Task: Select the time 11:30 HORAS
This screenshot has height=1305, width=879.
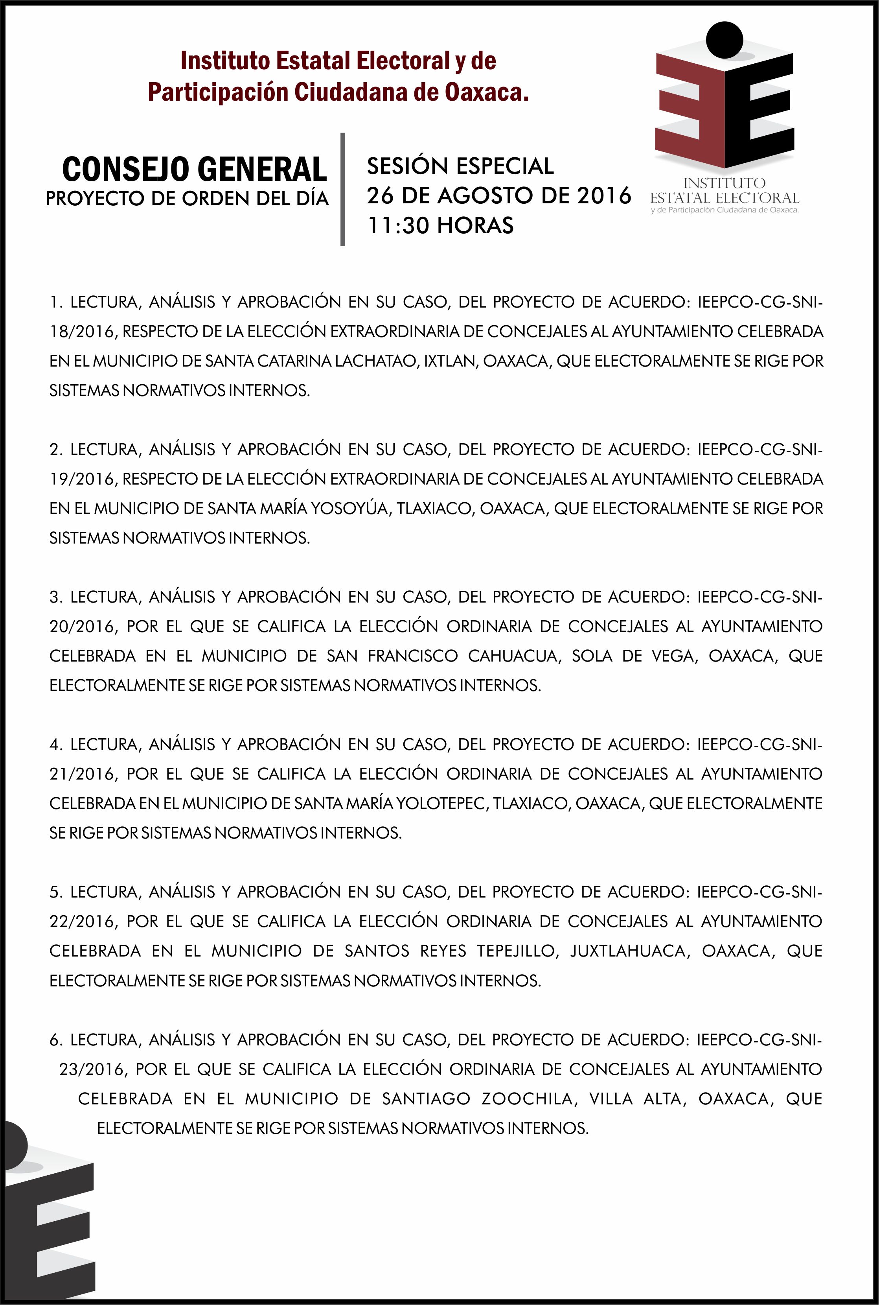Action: tap(440, 225)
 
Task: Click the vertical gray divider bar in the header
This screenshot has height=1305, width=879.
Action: tap(342, 189)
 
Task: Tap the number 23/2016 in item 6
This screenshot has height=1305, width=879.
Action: tap(93, 1069)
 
